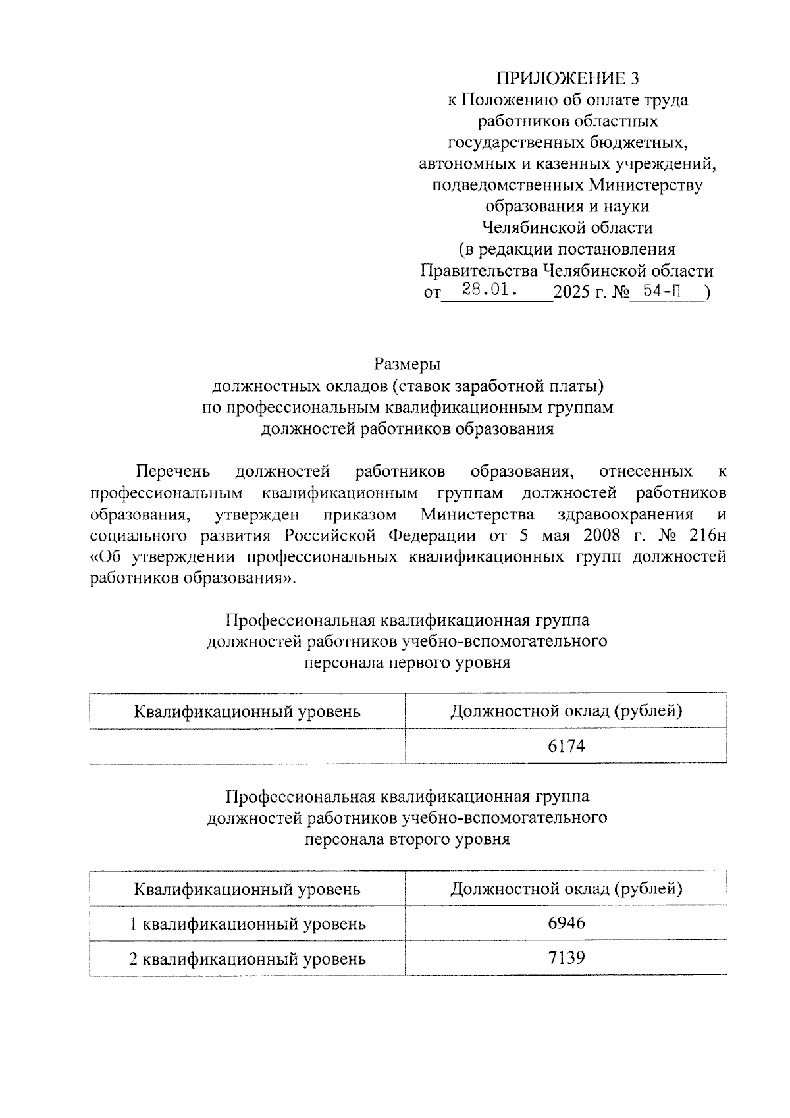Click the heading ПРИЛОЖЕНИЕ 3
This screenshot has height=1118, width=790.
click(567, 79)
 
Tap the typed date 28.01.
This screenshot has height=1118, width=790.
click(488, 289)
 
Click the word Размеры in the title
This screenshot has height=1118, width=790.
click(407, 363)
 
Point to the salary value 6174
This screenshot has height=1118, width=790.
click(566, 746)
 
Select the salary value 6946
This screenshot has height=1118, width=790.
click(566, 923)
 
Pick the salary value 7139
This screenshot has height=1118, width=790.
click(566, 957)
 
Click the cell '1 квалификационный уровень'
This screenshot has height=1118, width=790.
click(247, 924)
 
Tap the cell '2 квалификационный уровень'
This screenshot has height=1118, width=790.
click(247, 959)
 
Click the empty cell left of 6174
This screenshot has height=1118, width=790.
click(247, 746)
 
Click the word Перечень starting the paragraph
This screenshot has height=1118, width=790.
click(172, 471)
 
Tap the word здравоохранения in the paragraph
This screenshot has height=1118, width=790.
click(625, 514)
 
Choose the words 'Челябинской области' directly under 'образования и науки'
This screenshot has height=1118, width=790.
click(567, 228)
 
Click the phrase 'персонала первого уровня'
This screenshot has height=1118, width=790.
click(407, 662)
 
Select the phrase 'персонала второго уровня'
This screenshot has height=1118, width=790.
click(407, 839)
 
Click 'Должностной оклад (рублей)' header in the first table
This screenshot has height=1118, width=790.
click(566, 711)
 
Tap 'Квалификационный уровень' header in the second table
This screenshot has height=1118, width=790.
click(247, 890)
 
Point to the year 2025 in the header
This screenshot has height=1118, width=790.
click(572, 292)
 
